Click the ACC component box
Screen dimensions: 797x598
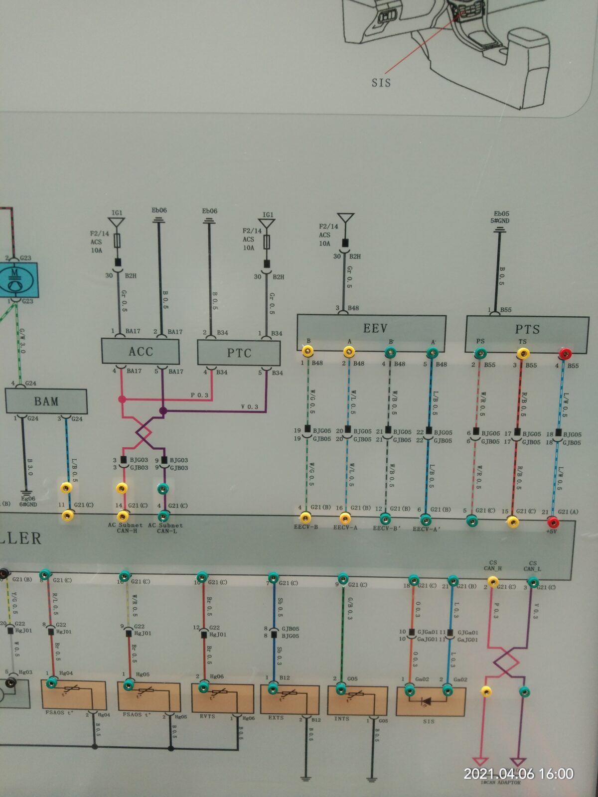coord(140,352)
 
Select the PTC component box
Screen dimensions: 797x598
coord(239,353)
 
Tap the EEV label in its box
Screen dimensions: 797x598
coord(375,328)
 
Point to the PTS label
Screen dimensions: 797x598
coord(527,329)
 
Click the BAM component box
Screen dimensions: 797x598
coord(46,401)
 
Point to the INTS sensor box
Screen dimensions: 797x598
coord(357,701)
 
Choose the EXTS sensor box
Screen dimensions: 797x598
coord(290,700)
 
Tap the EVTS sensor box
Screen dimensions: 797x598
coord(222,698)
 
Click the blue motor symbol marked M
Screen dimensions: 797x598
coord(16,281)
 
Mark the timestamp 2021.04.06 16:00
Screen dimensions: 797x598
coord(518,774)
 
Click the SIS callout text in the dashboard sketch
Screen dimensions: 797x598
coord(381,83)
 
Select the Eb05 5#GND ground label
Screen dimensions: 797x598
coord(500,217)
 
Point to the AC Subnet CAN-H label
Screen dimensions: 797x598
coord(125,528)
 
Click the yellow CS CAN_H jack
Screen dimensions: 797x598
coord(492,581)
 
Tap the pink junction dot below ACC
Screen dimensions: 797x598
coord(122,399)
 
